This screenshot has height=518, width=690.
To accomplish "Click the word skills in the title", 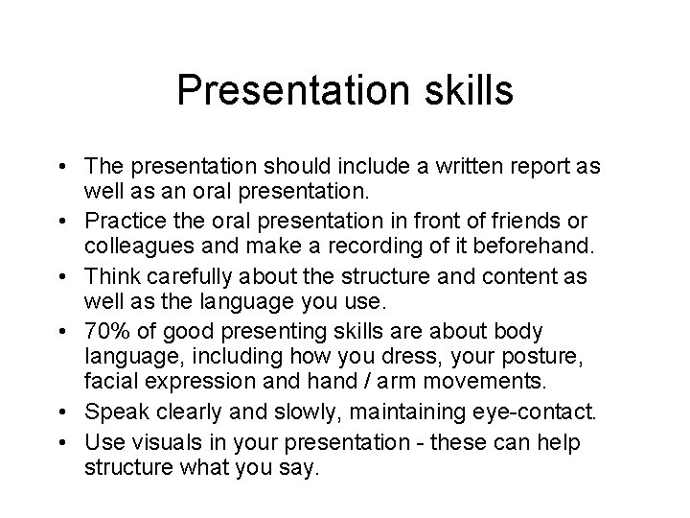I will pos(466,91).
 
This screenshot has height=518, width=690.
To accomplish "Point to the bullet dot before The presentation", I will pos(69,167).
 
